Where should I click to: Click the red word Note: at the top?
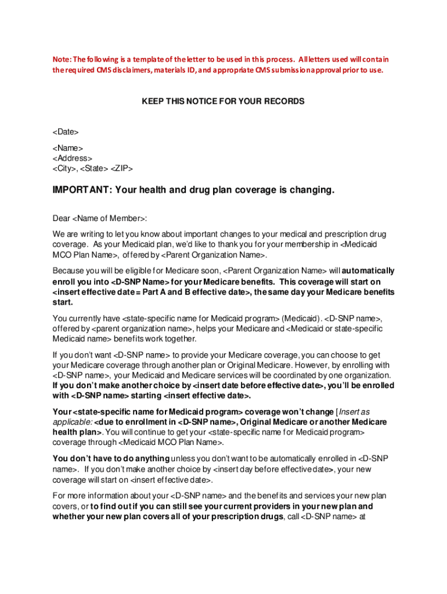pos(63,60)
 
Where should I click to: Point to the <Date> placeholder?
pos(66,133)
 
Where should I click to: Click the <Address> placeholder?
pos(73,158)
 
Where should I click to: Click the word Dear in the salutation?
pos(62,218)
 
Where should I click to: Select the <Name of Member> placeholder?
pos(110,218)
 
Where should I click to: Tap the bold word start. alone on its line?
pos(63,302)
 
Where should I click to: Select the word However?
pos(313,365)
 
